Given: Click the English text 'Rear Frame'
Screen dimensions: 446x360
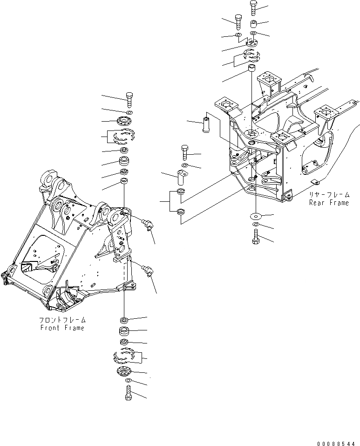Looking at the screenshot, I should coord(329,203).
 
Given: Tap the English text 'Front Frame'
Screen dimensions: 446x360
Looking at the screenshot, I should coord(62,328).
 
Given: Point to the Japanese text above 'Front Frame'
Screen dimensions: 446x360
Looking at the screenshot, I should coord(62,321).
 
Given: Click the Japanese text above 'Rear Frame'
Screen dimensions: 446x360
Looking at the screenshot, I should coord(328,195).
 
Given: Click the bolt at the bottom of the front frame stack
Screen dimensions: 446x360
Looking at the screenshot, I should coord(129,393).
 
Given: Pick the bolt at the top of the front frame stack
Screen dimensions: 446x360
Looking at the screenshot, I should coord(129,100).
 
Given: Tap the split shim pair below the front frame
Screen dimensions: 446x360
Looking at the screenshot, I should coord(124,357).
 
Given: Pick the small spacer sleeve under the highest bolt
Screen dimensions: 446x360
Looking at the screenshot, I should coord(254,24).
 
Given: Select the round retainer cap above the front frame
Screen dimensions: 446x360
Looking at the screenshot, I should coord(124,121).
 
